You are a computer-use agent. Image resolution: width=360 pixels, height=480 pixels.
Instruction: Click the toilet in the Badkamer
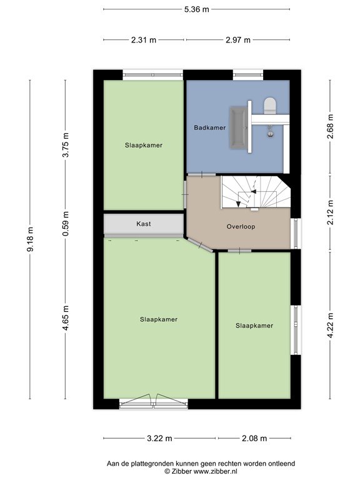[x=270, y=106]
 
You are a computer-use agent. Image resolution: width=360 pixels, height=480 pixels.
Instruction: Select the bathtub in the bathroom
[x=237, y=128]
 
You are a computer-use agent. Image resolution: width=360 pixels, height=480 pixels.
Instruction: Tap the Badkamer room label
[x=209, y=127]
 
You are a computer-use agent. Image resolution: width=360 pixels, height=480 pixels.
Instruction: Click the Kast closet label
[x=143, y=224]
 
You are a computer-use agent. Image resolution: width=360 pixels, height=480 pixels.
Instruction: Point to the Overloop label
[x=241, y=227]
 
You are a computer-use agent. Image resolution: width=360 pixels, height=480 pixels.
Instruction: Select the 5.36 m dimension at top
[x=196, y=9]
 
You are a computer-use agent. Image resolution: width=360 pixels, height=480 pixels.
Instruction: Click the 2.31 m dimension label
[x=144, y=39]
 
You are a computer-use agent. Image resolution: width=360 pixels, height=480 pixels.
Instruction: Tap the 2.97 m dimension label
[x=237, y=39]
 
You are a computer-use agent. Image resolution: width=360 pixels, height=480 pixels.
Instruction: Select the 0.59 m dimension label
[x=66, y=223]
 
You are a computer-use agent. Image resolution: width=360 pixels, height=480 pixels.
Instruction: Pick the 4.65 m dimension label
[x=66, y=319]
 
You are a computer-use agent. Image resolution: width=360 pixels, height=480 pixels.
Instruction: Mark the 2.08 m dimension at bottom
[x=254, y=438]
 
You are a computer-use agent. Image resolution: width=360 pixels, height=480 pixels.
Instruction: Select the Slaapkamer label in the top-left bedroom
[x=143, y=145]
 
